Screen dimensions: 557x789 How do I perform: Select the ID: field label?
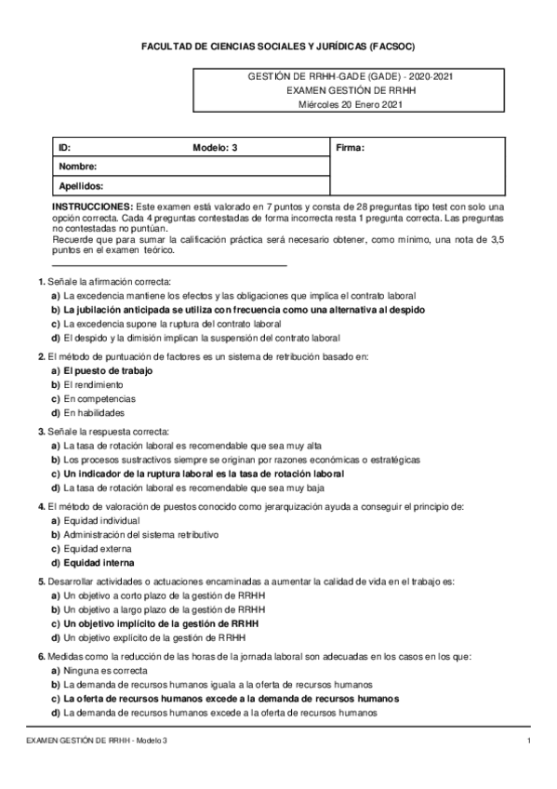coord(64,148)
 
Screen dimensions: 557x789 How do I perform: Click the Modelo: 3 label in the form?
coord(215,148)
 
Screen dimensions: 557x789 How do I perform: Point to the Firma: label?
coord(349,148)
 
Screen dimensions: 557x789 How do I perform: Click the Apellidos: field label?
coord(82,185)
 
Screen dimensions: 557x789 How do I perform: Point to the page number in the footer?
coord(528,740)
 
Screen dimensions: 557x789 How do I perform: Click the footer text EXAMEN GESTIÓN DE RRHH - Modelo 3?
coord(97,740)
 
